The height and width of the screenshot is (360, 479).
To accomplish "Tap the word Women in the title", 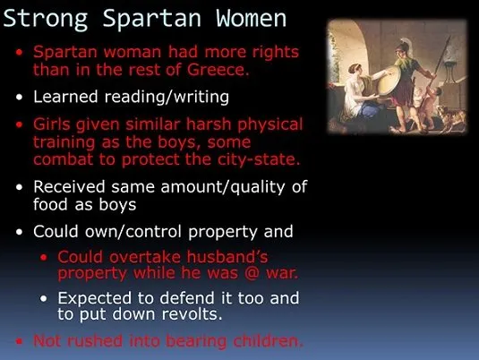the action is [251, 18].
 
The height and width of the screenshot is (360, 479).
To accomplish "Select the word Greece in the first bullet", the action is [218, 69].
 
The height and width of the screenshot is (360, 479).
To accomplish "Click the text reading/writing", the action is [167, 98].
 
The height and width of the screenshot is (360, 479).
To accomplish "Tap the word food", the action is [50, 204].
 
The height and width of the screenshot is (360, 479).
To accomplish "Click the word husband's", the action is [227, 256].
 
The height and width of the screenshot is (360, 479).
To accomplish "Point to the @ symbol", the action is [252, 273].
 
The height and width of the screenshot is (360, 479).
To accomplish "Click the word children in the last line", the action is [268, 341].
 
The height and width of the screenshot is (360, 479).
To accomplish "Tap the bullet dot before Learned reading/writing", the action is [19, 98].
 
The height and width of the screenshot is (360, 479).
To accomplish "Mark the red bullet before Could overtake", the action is [44, 257].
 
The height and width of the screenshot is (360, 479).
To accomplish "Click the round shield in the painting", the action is [389, 81].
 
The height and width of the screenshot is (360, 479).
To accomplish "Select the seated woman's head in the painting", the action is [355, 69].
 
